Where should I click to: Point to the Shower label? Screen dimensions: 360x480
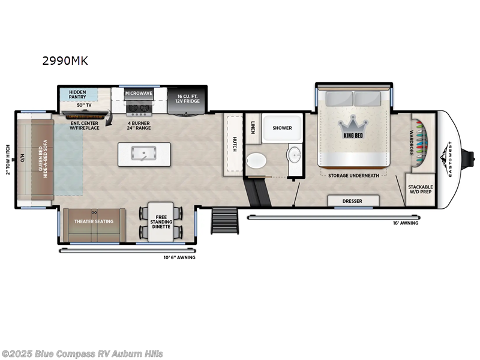coord(281,128)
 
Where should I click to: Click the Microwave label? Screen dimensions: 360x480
coord(139,94)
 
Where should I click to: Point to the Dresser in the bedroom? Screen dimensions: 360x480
coord(353,201)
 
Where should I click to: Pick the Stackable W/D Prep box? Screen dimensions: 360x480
coord(420,190)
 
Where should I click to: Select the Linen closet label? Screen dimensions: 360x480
coord(253,127)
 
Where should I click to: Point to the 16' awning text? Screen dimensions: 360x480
coord(406,223)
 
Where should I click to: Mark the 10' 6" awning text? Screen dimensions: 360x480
coord(179,257)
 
